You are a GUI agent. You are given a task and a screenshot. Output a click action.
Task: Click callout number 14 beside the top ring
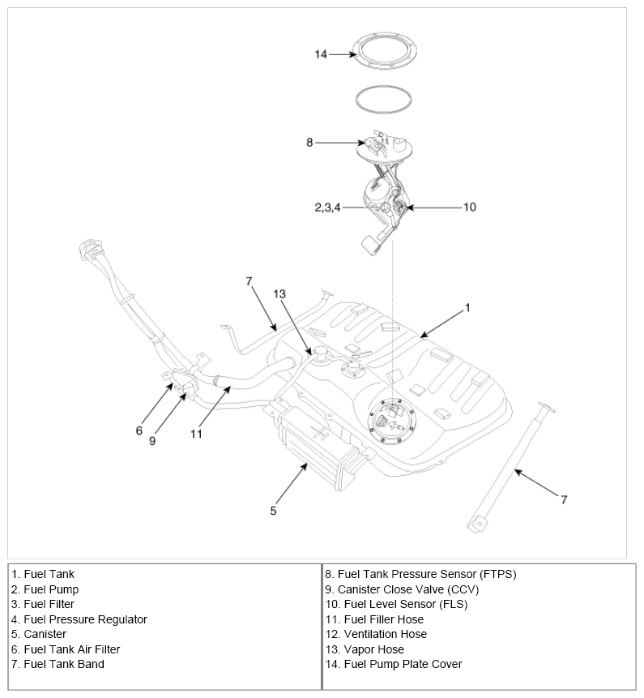pyautogui.click(x=321, y=54)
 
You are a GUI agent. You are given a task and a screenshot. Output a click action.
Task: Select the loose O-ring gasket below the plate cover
pyautogui.click(x=386, y=99)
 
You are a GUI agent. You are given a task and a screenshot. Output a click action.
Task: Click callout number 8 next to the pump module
pyautogui.click(x=309, y=143)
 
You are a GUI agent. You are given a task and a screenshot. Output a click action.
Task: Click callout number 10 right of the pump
pyautogui.click(x=470, y=208)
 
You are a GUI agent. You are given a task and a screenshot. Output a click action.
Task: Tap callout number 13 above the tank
pyautogui.click(x=280, y=293)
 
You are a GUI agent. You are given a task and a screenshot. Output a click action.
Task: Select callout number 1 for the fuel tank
pyautogui.click(x=467, y=308)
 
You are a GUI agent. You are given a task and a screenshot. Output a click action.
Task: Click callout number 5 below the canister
pyautogui.click(x=274, y=511)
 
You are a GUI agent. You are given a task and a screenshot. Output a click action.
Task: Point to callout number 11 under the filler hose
pyautogui.click(x=196, y=433)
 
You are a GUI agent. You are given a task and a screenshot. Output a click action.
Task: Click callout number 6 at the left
pyautogui.click(x=139, y=430)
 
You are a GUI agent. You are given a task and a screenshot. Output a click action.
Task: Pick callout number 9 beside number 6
pyautogui.click(x=152, y=441)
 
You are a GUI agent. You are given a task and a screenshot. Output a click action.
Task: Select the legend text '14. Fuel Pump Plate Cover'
pyautogui.click(x=393, y=664)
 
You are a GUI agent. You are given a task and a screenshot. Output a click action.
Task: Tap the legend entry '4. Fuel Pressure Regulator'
pyautogui.click(x=79, y=619)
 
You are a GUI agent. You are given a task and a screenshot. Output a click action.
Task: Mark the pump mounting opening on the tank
pyautogui.click(x=391, y=419)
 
